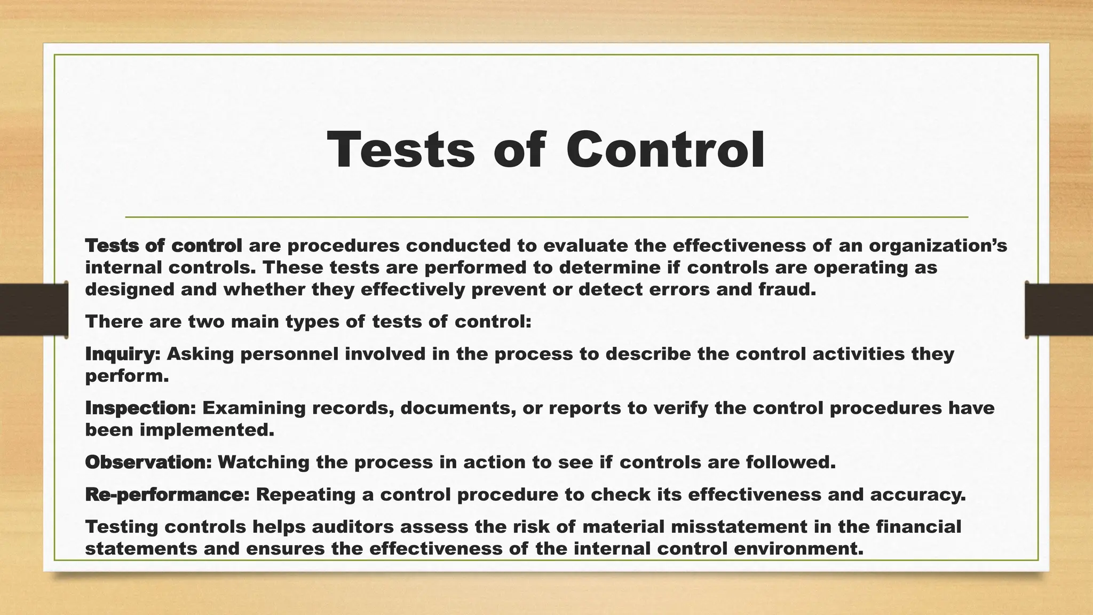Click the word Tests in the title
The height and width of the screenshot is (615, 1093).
401,150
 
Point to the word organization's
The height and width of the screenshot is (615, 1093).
938,246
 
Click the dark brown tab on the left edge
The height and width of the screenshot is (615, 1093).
34,310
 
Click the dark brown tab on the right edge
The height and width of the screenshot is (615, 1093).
1059,310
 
